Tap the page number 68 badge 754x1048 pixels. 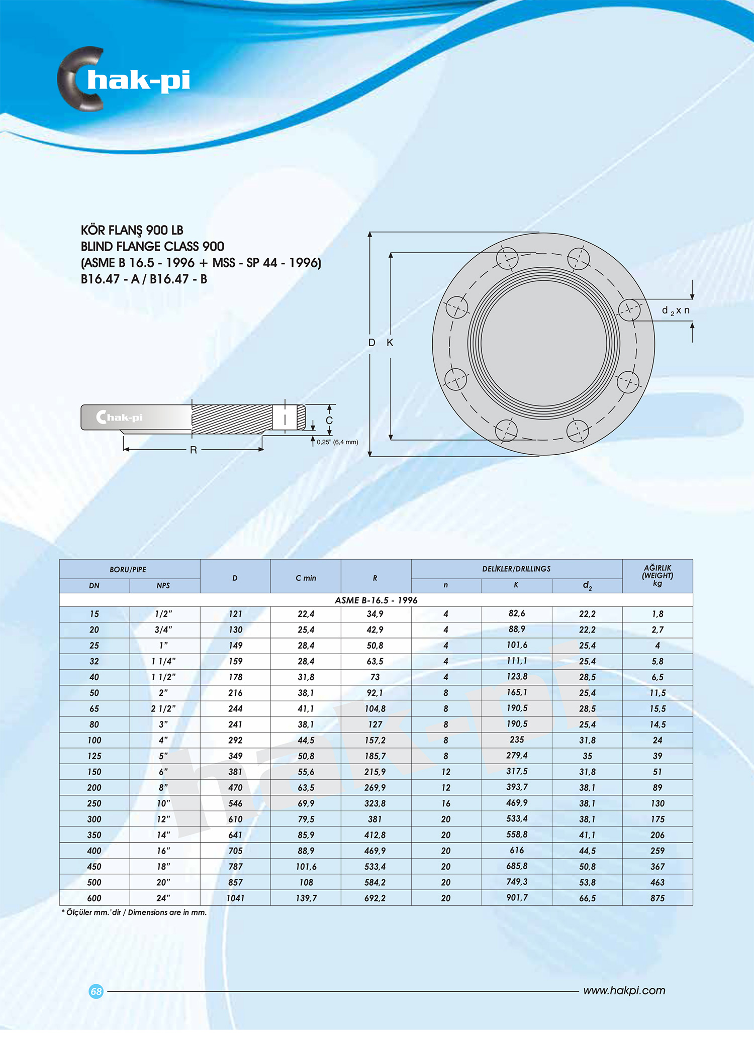coord(96,991)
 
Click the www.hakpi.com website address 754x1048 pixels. coord(624,990)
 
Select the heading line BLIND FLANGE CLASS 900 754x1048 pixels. coord(152,247)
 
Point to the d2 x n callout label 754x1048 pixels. coord(676,310)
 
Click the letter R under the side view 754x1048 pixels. coord(194,450)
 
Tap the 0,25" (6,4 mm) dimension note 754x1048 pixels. coord(337,442)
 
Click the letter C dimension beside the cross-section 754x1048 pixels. coord(329,421)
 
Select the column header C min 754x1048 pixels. coord(306,578)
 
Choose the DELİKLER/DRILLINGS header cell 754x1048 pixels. coord(516,569)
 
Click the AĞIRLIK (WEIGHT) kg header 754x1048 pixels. coord(657,576)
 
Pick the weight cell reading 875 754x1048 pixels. coord(657,898)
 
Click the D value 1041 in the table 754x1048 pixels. coord(235,898)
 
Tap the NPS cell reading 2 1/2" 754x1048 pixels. coord(163,708)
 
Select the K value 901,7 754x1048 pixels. coord(517,897)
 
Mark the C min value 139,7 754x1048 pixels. coord(306,898)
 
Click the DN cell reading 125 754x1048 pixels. coord(95,756)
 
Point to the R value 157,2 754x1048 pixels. coord(375,740)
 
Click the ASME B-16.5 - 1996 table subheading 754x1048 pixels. coord(376,600)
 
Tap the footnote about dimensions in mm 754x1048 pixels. coord(134,912)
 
